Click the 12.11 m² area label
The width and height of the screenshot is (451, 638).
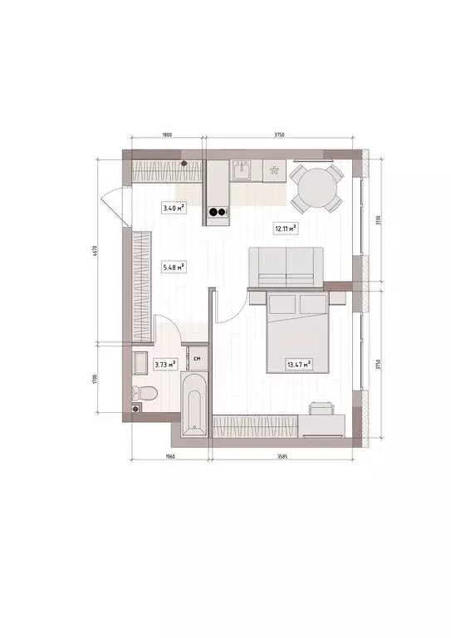click(286, 227)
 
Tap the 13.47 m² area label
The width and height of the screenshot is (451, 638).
click(298, 363)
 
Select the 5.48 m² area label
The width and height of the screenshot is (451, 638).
click(174, 267)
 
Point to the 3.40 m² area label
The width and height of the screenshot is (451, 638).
click(174, 208)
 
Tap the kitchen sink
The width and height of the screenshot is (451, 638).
click(243, 170)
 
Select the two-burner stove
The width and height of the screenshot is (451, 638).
click(218, 211)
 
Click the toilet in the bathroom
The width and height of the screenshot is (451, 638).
click(142, 390)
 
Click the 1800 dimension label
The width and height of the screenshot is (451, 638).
click(166, 135)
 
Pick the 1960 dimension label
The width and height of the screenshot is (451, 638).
click(169, 456)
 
